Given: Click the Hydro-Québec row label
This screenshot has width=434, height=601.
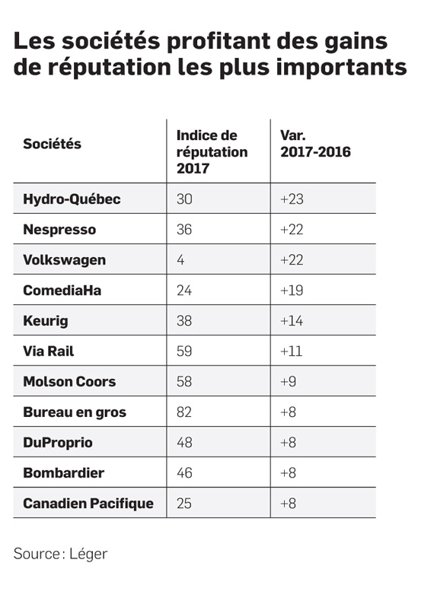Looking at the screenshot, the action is [x=72, y=199].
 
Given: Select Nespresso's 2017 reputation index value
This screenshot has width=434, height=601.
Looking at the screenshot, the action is [x=184, y=229].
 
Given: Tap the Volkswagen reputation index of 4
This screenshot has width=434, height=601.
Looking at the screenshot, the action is [x=180, y=260].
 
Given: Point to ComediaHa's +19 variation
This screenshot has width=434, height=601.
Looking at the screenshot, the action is [x=292, y=290].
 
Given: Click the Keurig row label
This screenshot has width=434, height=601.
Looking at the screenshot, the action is [x=46, y=321].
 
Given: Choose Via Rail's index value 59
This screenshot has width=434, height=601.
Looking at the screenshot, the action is [x=184, y=351].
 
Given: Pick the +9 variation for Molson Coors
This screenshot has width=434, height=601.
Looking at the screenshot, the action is [x=288, y=381].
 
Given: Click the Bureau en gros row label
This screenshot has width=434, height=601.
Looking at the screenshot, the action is [x=75, y=412].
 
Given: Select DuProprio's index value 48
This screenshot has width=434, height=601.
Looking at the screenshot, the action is [x=184, y=442].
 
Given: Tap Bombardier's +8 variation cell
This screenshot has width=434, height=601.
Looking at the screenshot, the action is [x=288, y=472].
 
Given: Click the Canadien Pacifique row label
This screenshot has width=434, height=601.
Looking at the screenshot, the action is [x=88, y=504].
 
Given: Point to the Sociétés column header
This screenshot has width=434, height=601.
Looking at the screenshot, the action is [x=53, y=144].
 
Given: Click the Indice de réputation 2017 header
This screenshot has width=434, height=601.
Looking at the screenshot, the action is [x=212, y=152].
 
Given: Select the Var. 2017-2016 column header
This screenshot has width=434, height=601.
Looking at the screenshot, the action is [x=315, y=144].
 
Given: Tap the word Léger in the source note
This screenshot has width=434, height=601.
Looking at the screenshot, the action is [x=88, y=555].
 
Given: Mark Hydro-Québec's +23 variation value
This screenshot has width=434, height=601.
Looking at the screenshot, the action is [x=292, y=199].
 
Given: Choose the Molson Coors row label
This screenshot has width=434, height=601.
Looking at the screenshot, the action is [x=69, y=382].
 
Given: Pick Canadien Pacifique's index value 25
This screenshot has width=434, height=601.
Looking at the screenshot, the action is [x=184, y=503].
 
